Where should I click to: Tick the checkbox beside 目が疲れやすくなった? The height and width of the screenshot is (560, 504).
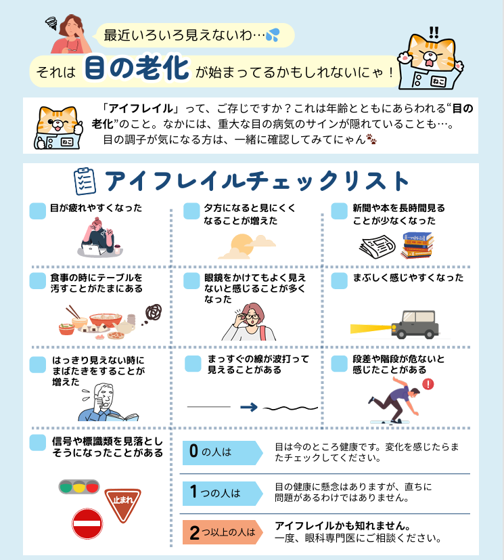click(37, 211)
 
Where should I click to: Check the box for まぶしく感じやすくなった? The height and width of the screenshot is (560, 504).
click(339, 281)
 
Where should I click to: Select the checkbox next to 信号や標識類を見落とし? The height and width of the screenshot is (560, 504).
click(37, 442)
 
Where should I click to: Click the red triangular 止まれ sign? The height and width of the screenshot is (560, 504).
click(122, 503)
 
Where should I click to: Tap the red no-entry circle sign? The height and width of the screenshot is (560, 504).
click(87, 523)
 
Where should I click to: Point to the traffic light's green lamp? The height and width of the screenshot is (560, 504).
click(66, 487)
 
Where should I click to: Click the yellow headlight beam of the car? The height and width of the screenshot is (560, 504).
click(371, 328)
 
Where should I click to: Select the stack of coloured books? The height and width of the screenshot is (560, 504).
click(417, 245)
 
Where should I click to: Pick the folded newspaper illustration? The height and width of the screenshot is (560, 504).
click(377, 246)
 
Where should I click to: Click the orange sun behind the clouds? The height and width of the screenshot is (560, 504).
click(242, 244)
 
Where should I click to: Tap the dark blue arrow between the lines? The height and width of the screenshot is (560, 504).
click(249, 407)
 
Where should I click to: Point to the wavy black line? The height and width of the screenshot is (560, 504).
click(290, 408)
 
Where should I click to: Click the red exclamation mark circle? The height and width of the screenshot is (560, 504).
click(428, 384)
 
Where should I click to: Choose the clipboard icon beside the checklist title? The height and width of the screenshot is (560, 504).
click(85, 181)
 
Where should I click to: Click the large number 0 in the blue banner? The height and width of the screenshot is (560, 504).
click(193, 451)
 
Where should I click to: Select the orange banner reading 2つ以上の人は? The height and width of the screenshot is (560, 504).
click(223, 532)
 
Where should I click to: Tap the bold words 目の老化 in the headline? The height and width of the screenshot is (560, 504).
click(137, 67)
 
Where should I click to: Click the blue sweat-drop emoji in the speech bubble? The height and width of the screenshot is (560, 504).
click(273, 35)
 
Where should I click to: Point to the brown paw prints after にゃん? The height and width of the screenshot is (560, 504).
click(371, 139)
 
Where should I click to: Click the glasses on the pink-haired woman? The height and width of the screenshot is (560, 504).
click(252, 316)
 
